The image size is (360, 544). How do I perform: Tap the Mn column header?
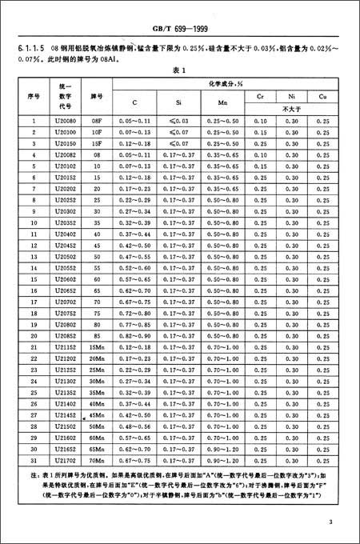click(222, 102)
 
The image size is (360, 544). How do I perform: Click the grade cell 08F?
click(97, 120)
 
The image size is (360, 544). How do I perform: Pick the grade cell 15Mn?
click(97, 348)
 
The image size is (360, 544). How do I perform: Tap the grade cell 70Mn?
click(97, 462)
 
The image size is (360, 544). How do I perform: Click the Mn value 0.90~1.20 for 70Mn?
click(222, 462)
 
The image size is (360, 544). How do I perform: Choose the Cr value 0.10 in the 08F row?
click(261, 120)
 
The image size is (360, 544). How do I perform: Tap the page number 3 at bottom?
click(329, 522)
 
